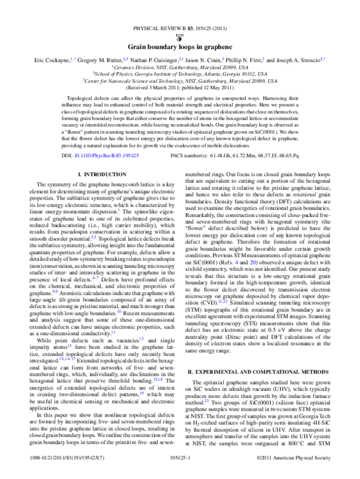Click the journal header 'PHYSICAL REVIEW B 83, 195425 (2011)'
[x=180, y=28]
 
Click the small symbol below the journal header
[x=180, y=36]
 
